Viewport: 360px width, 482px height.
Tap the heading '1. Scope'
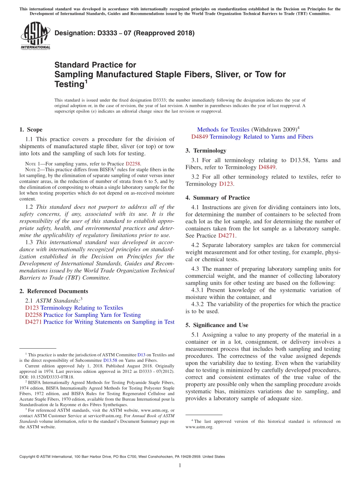point(31,130)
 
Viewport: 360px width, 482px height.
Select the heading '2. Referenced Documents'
point(53,291)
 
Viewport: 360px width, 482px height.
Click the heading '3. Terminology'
point(206,150)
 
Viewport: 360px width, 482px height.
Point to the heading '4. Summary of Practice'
point(218,197)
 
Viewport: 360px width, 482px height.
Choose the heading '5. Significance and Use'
point(217,325)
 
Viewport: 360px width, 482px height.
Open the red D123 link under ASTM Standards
point(32,308)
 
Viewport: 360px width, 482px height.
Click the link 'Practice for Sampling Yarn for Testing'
point(92,315)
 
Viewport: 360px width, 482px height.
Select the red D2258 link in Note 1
point(133,164)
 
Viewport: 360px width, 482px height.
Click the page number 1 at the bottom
point(180,465)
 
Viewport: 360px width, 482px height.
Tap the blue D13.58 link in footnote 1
point(110,360)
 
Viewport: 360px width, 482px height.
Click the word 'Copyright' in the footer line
point(28,457)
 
